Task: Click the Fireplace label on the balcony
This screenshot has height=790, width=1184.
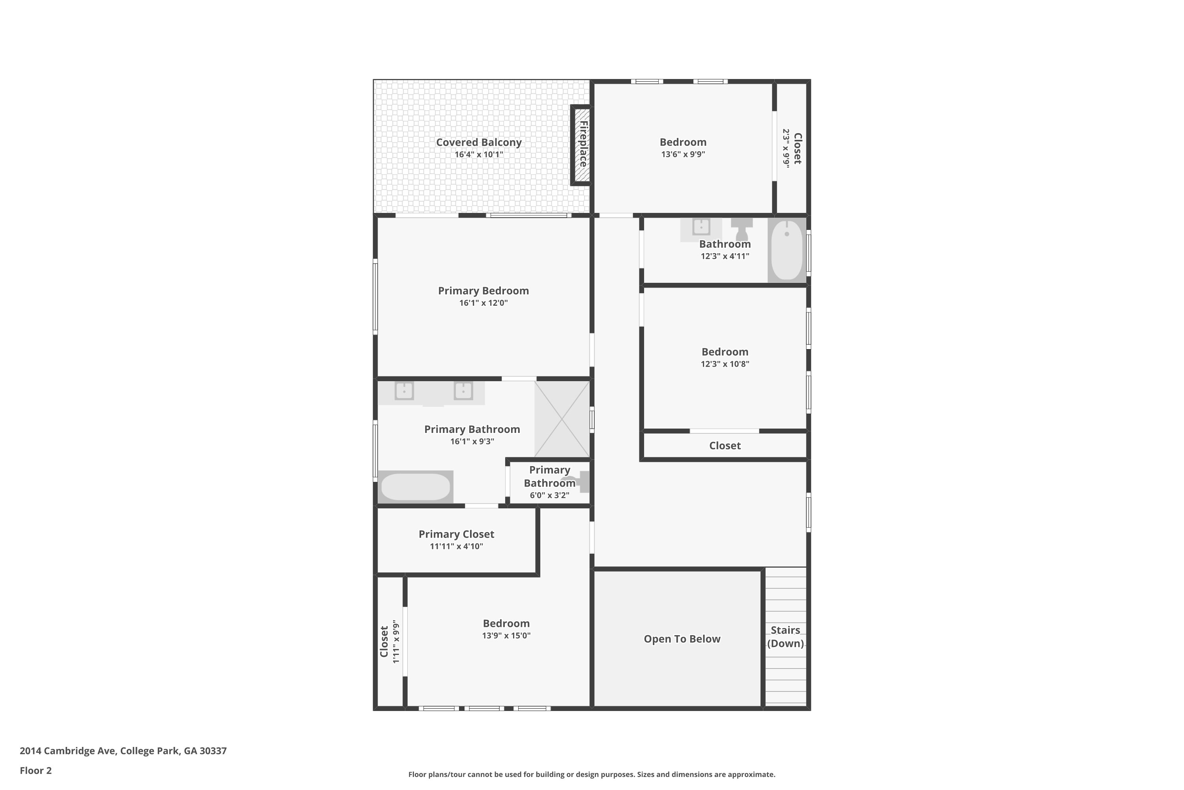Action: [x=583, y=144]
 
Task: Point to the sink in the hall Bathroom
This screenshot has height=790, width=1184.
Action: [x=701, y=227]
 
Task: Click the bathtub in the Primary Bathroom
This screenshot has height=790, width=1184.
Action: [x=415, y=487]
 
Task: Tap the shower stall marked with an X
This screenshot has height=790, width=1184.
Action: [x=561, y=419]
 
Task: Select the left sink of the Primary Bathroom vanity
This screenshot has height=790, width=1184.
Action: [x=404, y=391]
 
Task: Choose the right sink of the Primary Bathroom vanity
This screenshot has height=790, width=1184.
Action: [x=463, y=391]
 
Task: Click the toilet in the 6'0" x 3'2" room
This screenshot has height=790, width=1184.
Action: [x=579, y=481]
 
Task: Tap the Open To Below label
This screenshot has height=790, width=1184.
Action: [x=682, y=639]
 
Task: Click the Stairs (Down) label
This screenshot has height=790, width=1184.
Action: [x=785, y=637]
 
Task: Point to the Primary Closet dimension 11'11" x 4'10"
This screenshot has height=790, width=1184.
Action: [x=456, y=546]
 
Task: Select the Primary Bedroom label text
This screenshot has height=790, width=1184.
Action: [x=483, y=291]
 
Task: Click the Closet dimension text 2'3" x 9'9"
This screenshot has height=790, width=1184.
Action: [x=786, y=148]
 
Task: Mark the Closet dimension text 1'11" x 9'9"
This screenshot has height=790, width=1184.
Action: [x=396, y=641]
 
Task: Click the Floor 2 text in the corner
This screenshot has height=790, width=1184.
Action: [x=36, y=770]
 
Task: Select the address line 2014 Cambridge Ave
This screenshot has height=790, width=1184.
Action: [x=123, y=751]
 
